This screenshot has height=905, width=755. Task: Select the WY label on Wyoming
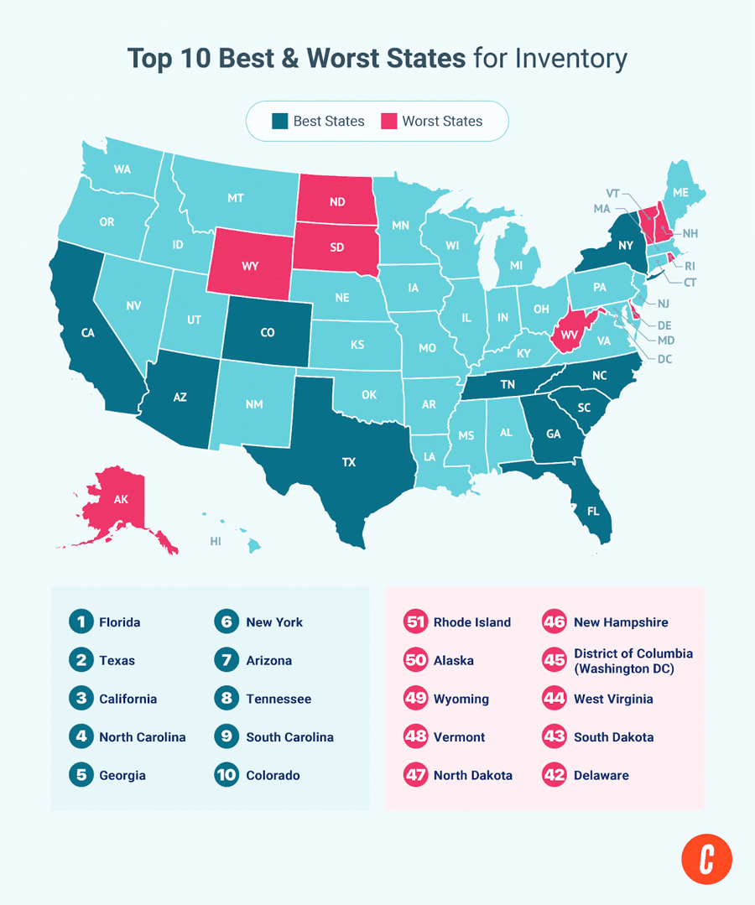[249, 266]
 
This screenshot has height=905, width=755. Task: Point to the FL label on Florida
[593, 509]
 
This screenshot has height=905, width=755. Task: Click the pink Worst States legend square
[389, 121]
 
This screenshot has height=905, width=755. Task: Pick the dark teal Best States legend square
[280, 121]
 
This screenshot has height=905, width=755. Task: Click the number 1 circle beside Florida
[81, 622]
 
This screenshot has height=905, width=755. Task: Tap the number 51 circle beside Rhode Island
[415, 622]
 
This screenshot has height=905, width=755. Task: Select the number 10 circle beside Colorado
[226, 775]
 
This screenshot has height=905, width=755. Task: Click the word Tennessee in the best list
[279, 699]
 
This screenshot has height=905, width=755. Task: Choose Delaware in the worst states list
[601, 775]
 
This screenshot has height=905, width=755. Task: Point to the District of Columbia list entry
[633, 661]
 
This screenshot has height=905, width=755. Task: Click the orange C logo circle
[706, 859]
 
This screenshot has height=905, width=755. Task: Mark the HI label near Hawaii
[216, 542]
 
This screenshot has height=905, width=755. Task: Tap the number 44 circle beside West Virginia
[555, 699]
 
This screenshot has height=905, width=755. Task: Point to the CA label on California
[87, 333]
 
